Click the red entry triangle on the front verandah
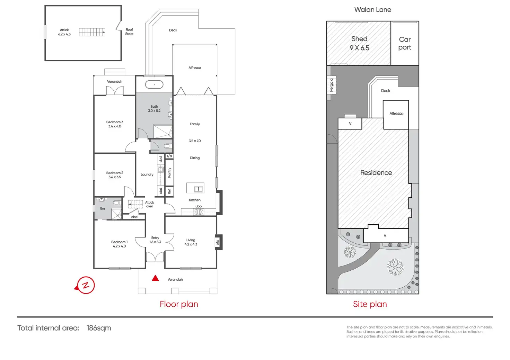click(x=155, y=278)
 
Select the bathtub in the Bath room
click(x=155, y=84)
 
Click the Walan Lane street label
click(x=373, y=10)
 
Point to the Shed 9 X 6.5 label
click(x=359, y=43)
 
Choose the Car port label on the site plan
click(x=405, y=43)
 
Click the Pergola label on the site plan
click(x=331, y=85)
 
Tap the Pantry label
click(x=169, y=173)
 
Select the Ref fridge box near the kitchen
click(x=169, y=192)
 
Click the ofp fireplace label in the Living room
click(x=218, y=242)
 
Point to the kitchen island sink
click(x=198, y=189)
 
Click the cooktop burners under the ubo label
click(x=198, y=212)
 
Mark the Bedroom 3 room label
click(x=115, y=124)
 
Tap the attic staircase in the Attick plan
click(x=92, y=32)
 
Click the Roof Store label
click(x=129, y=31)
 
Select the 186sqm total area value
click(x=99, y=328)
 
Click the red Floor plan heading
click(x=179, y=304)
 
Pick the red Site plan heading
click(x=370, y=304)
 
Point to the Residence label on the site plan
click(x=376, y=173)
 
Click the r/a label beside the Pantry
click(x=169, y=156)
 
